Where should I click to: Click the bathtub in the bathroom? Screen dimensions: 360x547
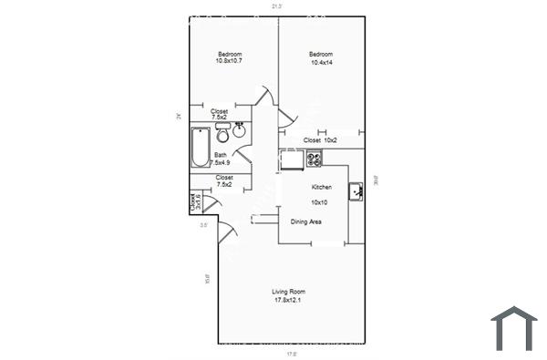point(200,148)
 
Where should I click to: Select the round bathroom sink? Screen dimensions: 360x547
point(241,130)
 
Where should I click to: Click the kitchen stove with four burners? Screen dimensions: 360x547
point(315,159)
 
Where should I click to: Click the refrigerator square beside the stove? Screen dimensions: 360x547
point(292,159)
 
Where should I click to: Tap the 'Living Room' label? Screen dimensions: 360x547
point(286,292)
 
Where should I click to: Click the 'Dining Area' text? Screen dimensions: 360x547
point(305,221)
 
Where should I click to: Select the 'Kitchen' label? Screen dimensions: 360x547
point(321,187)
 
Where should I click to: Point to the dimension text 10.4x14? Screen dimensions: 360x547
point(323,61)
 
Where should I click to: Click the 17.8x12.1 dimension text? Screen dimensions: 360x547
point(286,300)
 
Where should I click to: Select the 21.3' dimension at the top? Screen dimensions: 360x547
point(276,6)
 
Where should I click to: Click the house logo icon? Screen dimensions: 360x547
point(515,328)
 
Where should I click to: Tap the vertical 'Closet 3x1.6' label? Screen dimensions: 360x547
point(194,201)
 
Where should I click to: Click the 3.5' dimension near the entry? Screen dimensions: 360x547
point(204,224)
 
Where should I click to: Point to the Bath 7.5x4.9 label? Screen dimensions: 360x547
point(222,159)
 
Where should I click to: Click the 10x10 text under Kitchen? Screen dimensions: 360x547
point(319,201)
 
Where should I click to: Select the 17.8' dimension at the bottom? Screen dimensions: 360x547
point(292,354)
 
